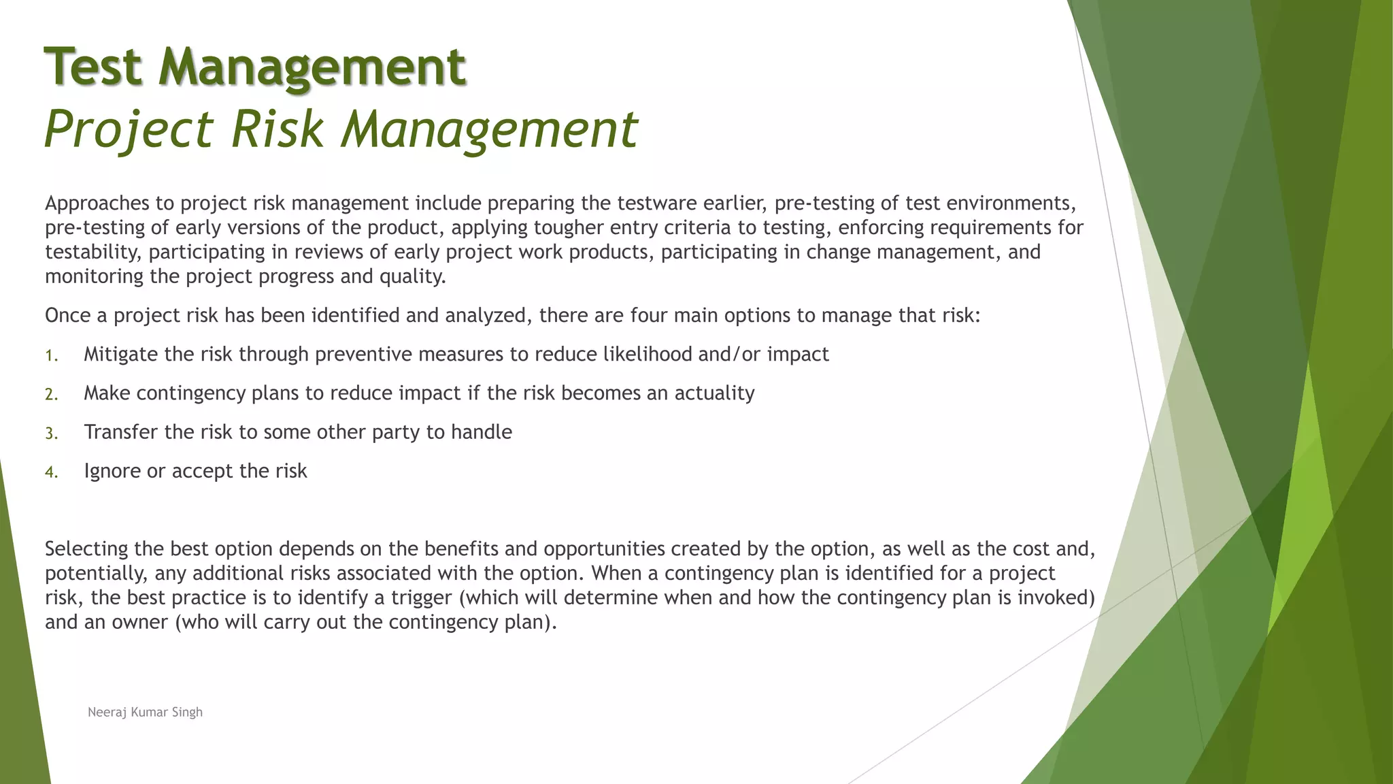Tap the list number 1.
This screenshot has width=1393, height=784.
[x=51, y=355]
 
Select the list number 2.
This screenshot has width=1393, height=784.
[x=51, y=394]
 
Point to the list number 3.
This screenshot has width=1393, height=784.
[x=51, y=433]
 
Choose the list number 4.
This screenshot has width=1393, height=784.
[x=51, y=472]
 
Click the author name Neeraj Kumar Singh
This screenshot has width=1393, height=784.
[x=145, y=712]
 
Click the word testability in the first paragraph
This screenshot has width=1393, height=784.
[x=94, y=252]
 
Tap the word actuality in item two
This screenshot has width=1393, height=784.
[x=714, y=393]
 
